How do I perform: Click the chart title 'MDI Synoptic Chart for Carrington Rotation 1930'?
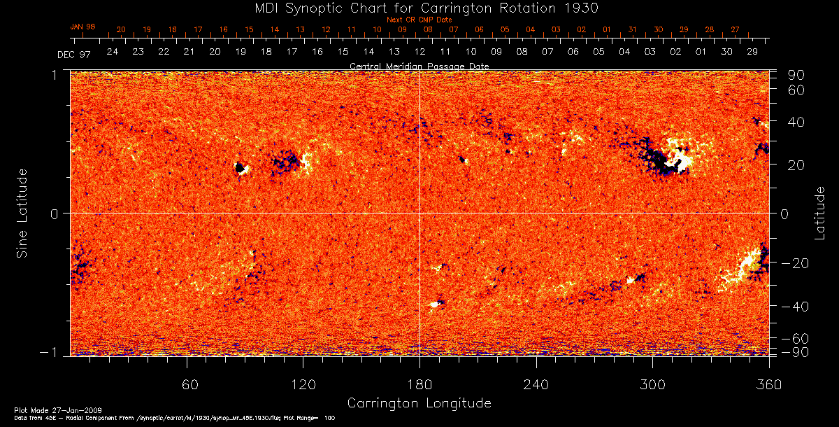(419, 8)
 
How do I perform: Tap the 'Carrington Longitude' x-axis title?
(419, 403)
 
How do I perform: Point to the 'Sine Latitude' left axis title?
(23, 213)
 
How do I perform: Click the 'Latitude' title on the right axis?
(820, 213)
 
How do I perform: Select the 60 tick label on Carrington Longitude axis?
(187, 385)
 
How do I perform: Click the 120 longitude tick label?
(303, 385)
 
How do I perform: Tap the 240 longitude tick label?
(536, 385)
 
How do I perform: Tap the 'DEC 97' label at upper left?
(72, 53)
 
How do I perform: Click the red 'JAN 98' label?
(83, 27)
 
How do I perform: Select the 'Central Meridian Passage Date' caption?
(419, 66)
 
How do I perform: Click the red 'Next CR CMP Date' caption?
(419, 20)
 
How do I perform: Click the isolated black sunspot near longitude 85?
(240, 168)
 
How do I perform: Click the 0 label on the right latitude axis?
(784, 213)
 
